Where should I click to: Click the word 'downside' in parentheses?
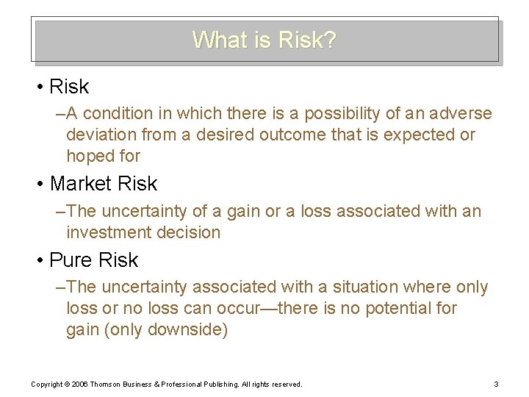point(187,330)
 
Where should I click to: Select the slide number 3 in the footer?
point(497,384)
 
